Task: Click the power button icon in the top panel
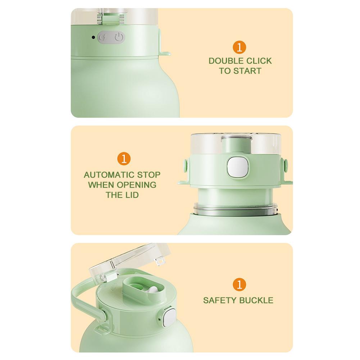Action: point(119,37)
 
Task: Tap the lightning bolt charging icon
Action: point(104,37)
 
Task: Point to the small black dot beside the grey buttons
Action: point(93,37)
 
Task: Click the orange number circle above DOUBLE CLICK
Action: point(240,47)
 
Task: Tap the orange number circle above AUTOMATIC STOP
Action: point(124,159)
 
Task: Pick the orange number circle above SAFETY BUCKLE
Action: point(240,284)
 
